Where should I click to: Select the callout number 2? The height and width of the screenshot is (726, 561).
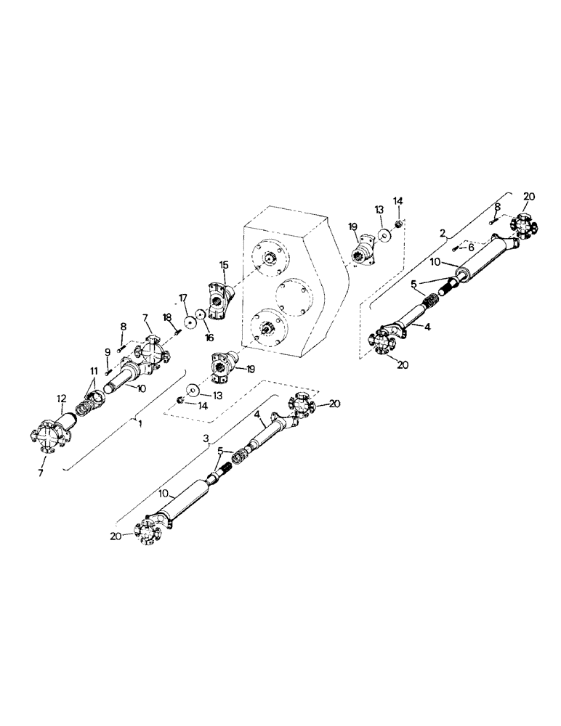pos(442,232)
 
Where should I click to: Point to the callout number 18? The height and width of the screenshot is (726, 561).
pos(168,317)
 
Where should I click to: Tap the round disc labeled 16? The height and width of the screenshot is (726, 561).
pos(201,317)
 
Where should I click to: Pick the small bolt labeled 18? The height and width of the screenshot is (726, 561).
pos(176,333)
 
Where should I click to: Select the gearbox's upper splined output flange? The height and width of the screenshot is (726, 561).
pos(270,257)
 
